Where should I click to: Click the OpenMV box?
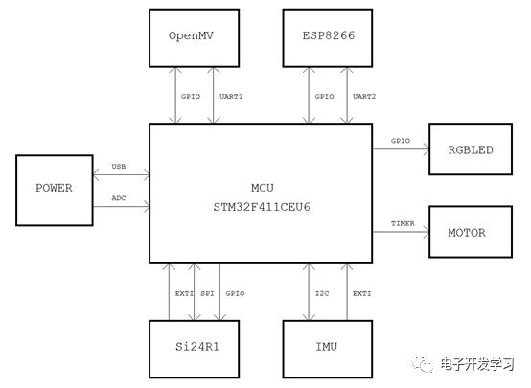(194, 38)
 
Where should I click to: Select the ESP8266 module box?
(328, 38)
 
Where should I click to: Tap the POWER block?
(55, 191)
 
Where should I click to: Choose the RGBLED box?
(471, 149)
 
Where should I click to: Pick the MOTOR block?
(471, 232)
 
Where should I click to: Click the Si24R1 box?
(194, 349)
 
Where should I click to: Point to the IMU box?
(328, 349)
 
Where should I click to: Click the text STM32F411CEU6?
(262, 207)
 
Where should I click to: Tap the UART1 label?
(231, 97)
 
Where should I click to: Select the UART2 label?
(364, 97)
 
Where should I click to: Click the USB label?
(119, 167)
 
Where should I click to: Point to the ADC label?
(119, 198)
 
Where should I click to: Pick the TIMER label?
(403, 223)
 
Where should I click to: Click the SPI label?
(207, 293)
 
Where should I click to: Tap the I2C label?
(322, 293)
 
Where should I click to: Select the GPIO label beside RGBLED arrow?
(401, 141)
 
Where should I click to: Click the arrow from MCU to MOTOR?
(401, 232)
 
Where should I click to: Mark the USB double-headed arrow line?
(121, 174)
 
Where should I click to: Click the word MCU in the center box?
(262, 188)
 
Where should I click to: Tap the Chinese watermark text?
(477, 364)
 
